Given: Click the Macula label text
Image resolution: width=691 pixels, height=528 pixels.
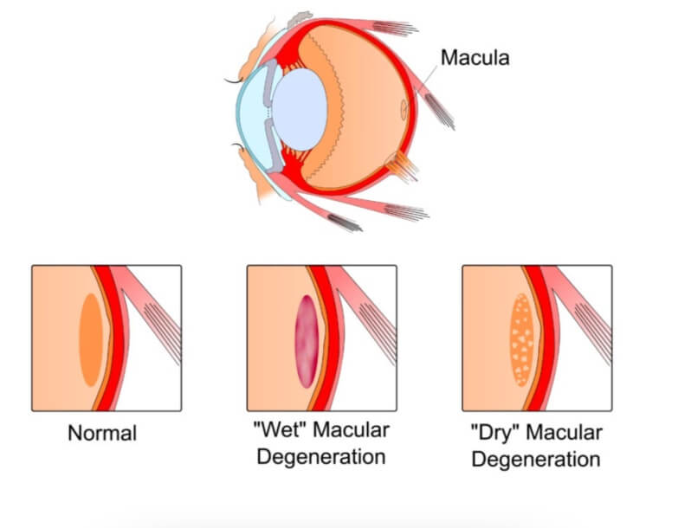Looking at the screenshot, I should [475, 58].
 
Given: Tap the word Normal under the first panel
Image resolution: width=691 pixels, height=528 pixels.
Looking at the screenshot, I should [102, 433].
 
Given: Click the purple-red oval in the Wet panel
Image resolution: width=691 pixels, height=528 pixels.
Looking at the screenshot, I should [307, 340].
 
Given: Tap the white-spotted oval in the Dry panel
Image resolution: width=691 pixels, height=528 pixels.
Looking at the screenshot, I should [522, 338].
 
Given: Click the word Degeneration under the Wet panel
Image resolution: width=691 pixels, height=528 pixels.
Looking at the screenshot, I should [320, 456].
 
